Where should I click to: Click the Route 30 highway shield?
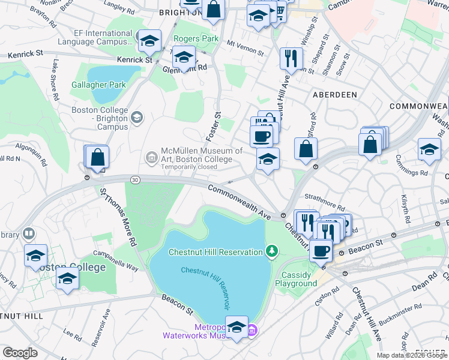136,180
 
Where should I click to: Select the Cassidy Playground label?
296,280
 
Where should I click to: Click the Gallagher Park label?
98,85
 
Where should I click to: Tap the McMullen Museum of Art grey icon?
151,158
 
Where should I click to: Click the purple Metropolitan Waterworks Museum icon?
253,330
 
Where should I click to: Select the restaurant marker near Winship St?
291,59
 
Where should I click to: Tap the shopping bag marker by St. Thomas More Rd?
97,158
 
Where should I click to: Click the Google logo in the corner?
20,352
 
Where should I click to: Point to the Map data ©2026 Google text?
411,355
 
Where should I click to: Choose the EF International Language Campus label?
95,37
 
